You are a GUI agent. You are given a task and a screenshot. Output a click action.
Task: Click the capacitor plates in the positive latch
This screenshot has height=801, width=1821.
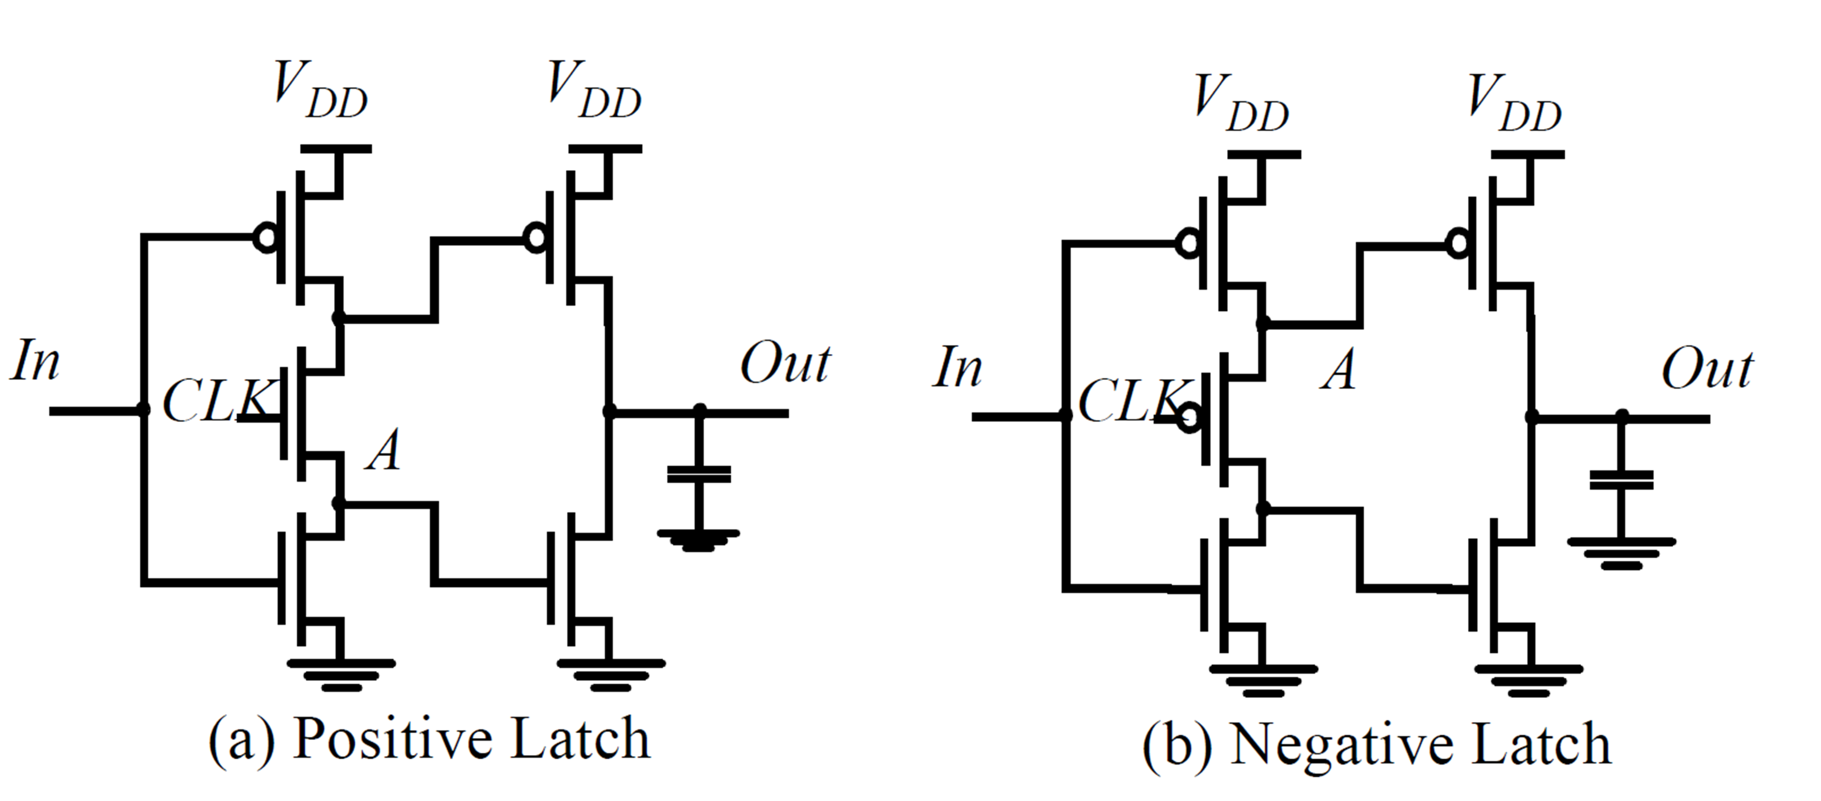(699, 474)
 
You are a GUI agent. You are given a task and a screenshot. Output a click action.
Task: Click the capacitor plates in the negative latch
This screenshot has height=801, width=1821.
(1621, 480)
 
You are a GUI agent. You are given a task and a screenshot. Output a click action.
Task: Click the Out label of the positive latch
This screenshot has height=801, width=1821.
(785, 364)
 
